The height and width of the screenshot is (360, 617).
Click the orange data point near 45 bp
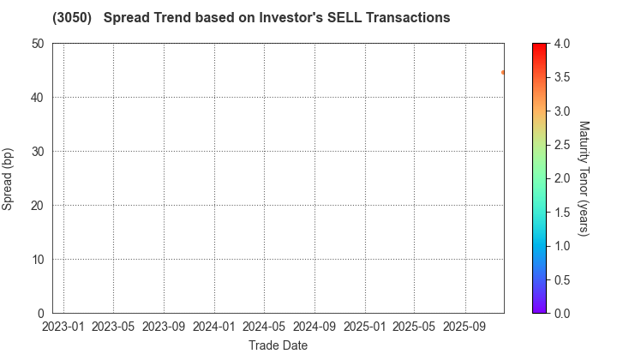point(503,73)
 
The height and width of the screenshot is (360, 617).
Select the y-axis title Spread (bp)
point(10,178)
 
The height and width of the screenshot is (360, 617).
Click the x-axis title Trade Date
point(279,345)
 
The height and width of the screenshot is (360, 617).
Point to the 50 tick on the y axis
point(37,43)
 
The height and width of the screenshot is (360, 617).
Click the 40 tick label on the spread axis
point(37,97)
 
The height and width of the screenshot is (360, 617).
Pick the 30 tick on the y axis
point(37,151)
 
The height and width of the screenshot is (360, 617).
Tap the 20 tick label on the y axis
point(37,205)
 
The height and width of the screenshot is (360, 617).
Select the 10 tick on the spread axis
point(37,259)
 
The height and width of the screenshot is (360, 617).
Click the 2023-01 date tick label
point(63,327)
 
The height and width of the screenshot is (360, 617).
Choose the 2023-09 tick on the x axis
point(164,327)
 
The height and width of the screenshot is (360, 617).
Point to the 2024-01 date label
point(214,327)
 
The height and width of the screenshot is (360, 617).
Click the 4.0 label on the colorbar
point(563,43)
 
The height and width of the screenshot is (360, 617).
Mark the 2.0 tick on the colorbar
point(563,178)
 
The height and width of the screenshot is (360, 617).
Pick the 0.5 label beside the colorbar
point(563,279)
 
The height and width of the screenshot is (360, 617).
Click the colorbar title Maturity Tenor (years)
point(584,178)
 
